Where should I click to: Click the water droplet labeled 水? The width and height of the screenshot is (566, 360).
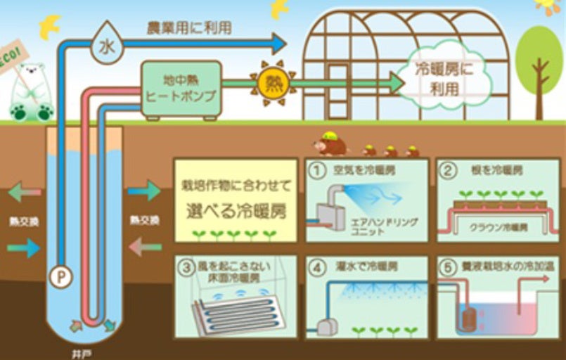pos(106,48)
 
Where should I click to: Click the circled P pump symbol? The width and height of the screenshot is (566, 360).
pos(60,276)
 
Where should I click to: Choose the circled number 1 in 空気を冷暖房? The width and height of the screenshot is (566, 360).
pos(316,169)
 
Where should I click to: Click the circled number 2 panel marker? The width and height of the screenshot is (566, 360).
pos(446,169)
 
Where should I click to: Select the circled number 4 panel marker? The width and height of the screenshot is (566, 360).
pos(316,266)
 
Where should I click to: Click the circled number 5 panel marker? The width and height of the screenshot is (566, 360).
pos(446,266)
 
